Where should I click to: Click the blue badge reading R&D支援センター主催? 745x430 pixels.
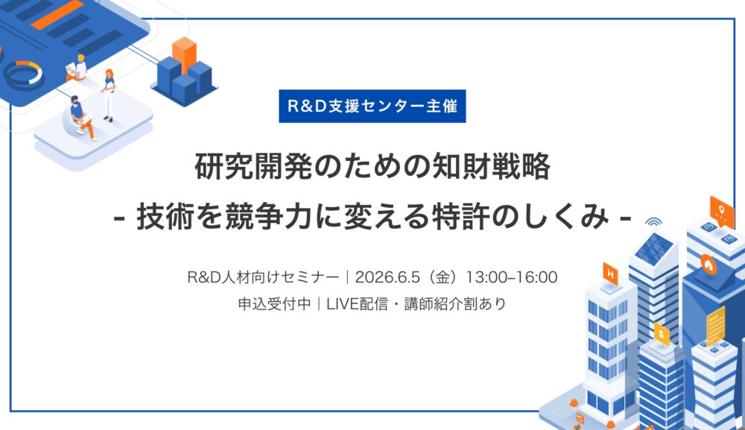coord(372,105)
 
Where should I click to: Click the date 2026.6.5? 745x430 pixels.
coord(387,277)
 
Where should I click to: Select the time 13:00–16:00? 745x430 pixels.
coord(512,277)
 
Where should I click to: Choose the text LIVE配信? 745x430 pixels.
coord(357,304)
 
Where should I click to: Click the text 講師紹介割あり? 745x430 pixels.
coord(455,304)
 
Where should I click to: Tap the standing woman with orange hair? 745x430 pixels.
coord(109,93)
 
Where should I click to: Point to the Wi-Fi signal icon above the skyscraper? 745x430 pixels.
coord(653,221)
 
